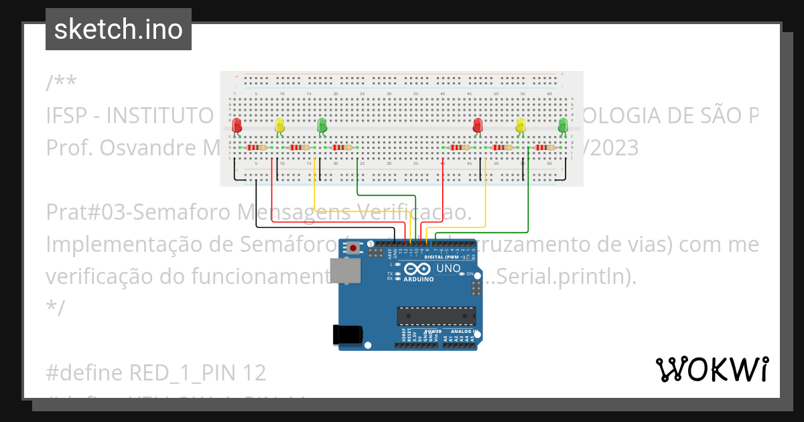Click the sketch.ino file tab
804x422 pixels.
pyautogui.click(x=118, y=29)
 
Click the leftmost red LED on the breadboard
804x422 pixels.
pyautogui.click(x=237, y=125)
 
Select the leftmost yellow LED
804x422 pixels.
pyautogui.click(x=280, y=125)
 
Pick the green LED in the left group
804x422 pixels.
pyautogui.click(x=322, y=125)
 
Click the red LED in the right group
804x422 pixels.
pyautogui.click(x=478, y=125)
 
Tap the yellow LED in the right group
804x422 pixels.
pyautogui.click(x=521, y=125)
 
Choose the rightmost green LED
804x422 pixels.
pyautogui.click(x=563, y=125)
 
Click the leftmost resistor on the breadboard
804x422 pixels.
pyautogui.click(x=257, y=147)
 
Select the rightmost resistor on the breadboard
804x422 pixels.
pyautogui.click(x=545, y=147)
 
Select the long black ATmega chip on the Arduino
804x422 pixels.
pyautogui.click(x=436, y=315)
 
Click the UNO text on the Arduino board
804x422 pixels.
pyautogui.click(x=448, y=269)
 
